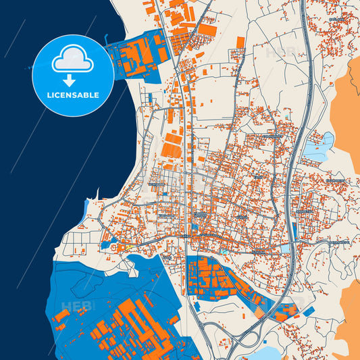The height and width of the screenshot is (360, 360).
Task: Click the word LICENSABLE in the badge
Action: coord(73,95)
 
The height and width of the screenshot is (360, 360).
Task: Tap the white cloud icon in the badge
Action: coord(73,61)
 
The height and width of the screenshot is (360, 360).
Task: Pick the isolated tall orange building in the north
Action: coord(240,42)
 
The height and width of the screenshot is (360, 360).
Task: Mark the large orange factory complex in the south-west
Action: coord(132,324)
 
